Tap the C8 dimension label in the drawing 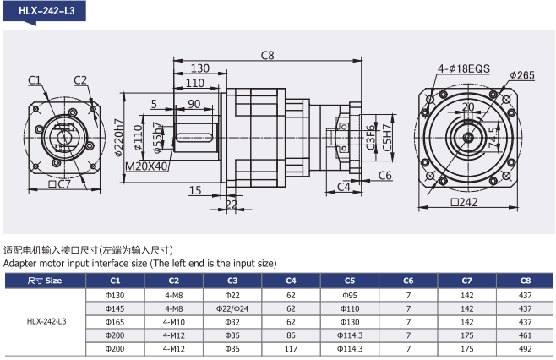pos(268,56)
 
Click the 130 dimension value pos(199,68)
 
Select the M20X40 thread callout pos(146,166)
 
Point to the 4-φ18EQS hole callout pos(464,68)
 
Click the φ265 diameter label pos(521,75)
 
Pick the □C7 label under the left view pos(59,184)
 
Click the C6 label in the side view pos(384,175)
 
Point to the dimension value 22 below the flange pos(232,204)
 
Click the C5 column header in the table pos(350,280)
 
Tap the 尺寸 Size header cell pos(45,280)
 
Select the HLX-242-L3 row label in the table pos(46,321)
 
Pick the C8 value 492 pos(526,348)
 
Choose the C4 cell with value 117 pos(291,348)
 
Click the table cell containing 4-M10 pos(173,321)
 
